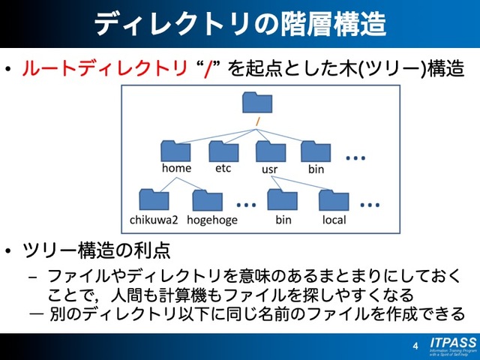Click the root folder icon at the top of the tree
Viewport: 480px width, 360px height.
(x=259, y=103)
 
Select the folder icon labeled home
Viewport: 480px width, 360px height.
(x=176, y=151)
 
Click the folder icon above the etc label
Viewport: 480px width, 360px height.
(x=223, y=151)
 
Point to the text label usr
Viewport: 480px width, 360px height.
(x=269, y=170)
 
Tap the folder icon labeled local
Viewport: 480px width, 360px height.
(x=334, y=200)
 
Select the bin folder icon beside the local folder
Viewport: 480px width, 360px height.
(x=283, y=200)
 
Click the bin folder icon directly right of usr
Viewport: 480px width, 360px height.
(x=316, y=151)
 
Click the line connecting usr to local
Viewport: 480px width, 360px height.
(x=304, y=183)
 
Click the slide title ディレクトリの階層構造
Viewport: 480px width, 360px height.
(x=240, y=24)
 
